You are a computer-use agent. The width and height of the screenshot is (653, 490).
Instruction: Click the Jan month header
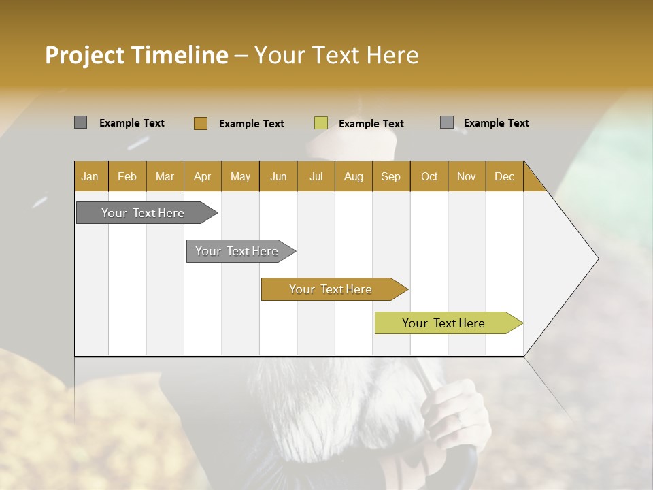coord(90,176)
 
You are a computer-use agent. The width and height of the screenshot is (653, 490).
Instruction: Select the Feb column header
coord(127,176)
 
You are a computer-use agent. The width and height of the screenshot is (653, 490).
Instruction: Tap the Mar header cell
coord(165,176)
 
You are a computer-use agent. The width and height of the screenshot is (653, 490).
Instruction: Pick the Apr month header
coord(203,176)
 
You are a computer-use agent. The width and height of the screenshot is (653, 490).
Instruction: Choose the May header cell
coord(240,176)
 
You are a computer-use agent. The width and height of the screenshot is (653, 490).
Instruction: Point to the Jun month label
coord(278,176)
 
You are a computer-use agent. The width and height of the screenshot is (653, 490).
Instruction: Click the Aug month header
coord(354,176)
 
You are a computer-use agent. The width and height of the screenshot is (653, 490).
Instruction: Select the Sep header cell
coord(391,176)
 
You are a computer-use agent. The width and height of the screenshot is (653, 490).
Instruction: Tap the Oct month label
coord(429,176)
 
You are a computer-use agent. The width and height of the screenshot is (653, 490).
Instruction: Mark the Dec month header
coord(505,176)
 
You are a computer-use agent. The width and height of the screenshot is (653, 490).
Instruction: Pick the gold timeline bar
coord(331,289)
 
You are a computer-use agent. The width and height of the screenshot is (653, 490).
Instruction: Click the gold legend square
coord(200,123)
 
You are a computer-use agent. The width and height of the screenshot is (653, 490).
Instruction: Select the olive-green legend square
coord(321,123)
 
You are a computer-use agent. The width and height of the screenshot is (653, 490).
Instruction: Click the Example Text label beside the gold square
coord(251,124)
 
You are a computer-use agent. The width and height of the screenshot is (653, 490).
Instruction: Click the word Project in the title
coord(84,55)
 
